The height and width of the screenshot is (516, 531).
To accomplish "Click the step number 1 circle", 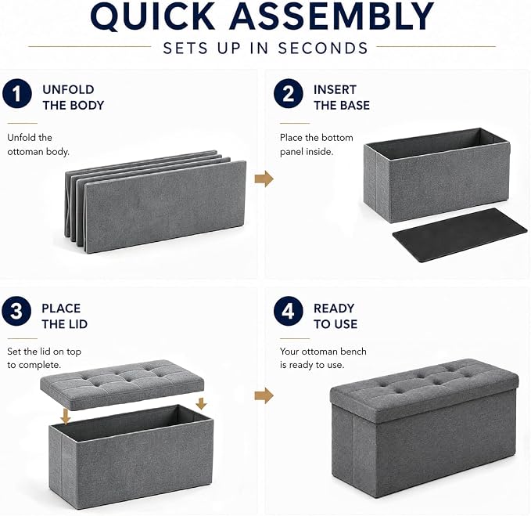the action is (x=17, y=94).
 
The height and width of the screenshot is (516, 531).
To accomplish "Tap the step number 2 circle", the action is (x=289, y=94).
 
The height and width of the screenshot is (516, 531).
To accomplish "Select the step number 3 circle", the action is (x=16, y=311).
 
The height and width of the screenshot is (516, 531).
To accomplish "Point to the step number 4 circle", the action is (x=289, y=311).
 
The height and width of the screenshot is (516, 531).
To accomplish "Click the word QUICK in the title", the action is (x=152, y=16).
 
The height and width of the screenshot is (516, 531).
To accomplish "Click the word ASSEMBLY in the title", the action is (x=332, y=16).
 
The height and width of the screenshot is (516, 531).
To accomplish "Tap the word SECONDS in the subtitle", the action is (x=323, y=48).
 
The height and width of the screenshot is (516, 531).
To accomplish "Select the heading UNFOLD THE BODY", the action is (x=74, y=97).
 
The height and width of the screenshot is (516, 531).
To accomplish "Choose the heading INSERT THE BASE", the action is (x=341, y=97).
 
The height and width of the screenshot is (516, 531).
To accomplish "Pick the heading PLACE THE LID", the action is (x=65, y=316).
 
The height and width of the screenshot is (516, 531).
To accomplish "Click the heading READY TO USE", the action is (x=335, y=316).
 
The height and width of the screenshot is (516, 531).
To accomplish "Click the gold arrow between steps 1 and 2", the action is (x=264, y=179).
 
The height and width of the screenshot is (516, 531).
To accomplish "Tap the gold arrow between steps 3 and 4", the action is (x=264, y=395).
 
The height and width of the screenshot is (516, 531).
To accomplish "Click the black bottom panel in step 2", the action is (x=460, y=235).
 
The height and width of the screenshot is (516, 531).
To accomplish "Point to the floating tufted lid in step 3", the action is (x=122, y=384).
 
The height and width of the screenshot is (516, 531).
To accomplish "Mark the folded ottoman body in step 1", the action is (x=156, y=202).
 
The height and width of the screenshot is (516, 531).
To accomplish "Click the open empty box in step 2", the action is (x=437, y=175).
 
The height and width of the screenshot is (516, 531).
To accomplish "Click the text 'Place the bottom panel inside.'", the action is (x=316, y=144).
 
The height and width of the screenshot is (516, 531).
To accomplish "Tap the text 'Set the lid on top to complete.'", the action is (x=44, y=358).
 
